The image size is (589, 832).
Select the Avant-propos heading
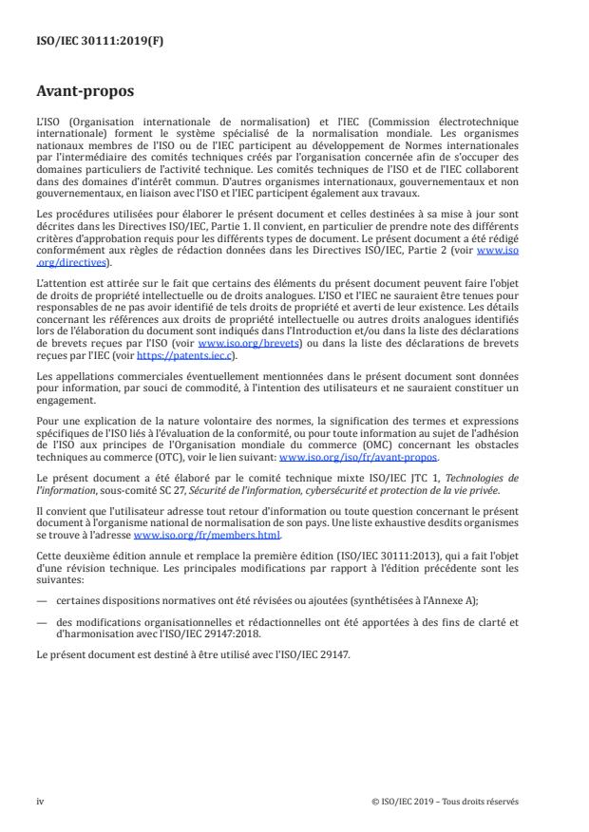(x=84, y=92)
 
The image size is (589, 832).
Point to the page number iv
(x=40, y=801)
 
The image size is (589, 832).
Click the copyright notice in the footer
(x=446, y=801)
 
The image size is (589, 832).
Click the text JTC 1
(x=400, y=477)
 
